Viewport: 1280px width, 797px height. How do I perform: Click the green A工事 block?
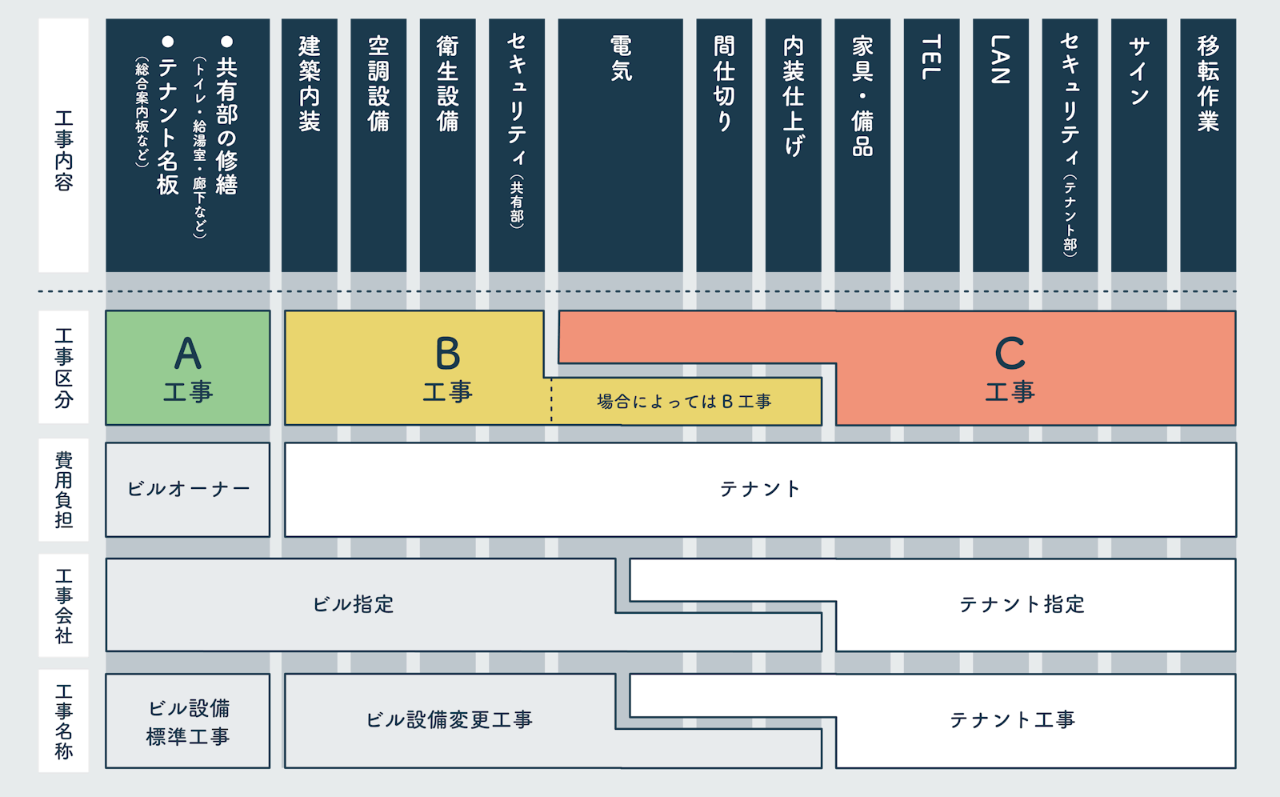[x=187, y=368]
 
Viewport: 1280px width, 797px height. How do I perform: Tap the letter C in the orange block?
[x=1010, y=353]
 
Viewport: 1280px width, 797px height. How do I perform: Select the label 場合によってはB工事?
[x=684, y=402]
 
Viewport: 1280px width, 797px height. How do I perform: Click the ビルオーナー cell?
[x=188, y=489]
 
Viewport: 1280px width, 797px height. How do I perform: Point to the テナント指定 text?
[x=1022, y=604]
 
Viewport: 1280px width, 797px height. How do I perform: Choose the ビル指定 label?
[x=353, y=604]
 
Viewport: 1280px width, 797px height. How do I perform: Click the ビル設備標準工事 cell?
[x=188, y=721]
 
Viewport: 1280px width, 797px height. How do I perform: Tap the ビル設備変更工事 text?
[x=449, y=720]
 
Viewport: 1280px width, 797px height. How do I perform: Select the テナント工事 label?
[x=1012, y=720]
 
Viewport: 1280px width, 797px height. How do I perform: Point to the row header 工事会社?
[x=64, y=605]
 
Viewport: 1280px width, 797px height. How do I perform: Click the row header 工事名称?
[x=64, y=721]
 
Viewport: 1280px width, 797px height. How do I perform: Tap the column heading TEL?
[x=930, y=58]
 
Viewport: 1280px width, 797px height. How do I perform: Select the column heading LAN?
[x=1000, y=59]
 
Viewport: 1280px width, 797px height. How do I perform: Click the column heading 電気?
[x=622, y=58]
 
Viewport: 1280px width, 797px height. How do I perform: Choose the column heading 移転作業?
[x=1208, y=83]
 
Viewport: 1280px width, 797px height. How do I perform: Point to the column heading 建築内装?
[x=310, y=83]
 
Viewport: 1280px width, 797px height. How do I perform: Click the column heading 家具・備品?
[x=862, y=96]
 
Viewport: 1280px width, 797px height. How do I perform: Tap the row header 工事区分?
[x=64, y=367]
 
